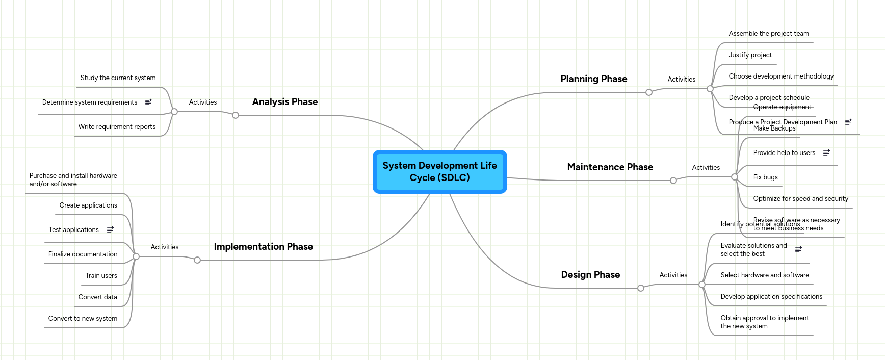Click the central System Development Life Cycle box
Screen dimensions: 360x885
point(439,172)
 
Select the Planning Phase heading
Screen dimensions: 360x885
point(593,79)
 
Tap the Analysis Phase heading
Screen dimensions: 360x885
point(284,102)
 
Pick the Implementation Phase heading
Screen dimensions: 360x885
point(263,247)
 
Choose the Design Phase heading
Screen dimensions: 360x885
point(590,275)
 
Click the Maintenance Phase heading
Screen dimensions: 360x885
point(610,167)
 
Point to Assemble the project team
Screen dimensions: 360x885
point(768,34)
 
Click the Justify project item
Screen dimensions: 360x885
point(750,55)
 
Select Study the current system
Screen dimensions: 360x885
point(118,78)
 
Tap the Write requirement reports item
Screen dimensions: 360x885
point(117,127)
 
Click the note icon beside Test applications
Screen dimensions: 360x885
point(110,230)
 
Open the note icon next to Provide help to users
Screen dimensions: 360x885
point(826,153)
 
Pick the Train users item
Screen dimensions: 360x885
point(101,276)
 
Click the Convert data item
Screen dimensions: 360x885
point(97,297)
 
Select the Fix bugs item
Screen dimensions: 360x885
point(765,177)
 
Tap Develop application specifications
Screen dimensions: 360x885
point(771,297)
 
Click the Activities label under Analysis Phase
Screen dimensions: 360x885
point(202,102)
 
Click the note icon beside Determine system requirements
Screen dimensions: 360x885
point(148,102)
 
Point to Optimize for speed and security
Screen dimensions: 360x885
point(800,199)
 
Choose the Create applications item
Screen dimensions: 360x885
point(88,205)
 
